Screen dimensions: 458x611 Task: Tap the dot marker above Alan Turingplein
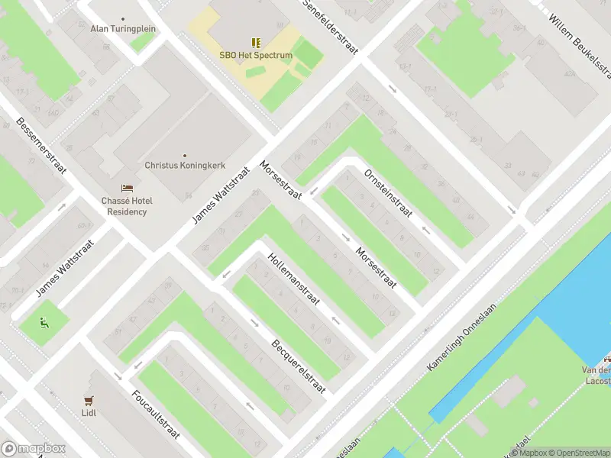123,18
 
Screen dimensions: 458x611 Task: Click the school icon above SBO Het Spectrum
255,44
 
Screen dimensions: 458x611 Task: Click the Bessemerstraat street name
42,147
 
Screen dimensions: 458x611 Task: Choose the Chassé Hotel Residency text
127,206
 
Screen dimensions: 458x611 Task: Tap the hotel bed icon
127,189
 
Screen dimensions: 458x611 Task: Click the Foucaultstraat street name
156,414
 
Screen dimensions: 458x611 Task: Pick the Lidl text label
89,413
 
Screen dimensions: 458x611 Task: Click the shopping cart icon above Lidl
89,400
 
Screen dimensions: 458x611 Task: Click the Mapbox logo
34,449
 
